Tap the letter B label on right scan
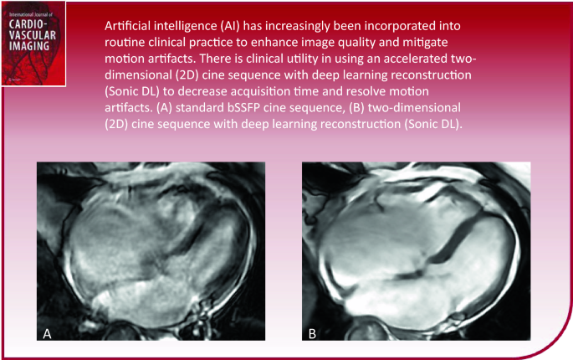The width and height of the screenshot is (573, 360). click(311, 333)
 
